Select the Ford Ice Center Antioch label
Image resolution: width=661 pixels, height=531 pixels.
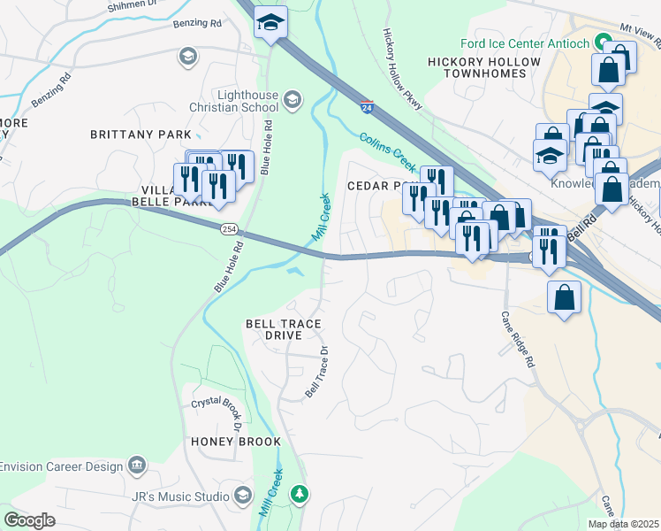[x=524, y=43]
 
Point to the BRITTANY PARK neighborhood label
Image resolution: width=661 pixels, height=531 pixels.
[x=141, y=135]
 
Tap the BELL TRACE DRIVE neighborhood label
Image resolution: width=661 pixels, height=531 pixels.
[x=282, y=330]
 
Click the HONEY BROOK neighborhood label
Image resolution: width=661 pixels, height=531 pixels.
[x=235, y=442]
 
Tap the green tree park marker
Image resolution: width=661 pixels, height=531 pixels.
[x=300, y=493]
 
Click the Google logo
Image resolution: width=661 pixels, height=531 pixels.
[x=30, y=520]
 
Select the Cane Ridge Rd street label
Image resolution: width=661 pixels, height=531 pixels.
[x=518, y=340]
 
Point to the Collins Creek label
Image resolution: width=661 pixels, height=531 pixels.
[x=388, y=151]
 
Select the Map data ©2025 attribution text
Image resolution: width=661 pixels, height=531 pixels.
[x=623, y=524]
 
